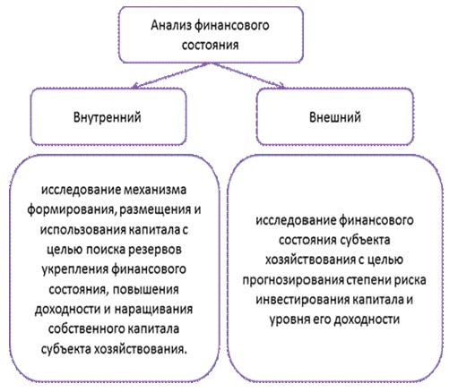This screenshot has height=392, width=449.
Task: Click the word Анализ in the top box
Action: pos(170,25)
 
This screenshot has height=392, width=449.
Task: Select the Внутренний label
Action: pos(108,117)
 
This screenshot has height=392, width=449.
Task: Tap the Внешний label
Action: pos(335,117)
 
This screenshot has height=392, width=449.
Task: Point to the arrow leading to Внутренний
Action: pos(170,76)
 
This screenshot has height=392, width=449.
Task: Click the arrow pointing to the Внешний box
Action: pos(247,75)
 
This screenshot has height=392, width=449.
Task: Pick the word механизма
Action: pos(155,190)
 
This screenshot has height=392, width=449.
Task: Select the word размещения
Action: pos(155,210)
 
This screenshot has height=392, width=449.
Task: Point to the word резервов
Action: pos(154,250)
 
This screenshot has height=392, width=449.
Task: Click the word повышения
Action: pos(146,289)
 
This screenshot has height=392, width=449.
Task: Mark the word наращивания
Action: pos(153,310)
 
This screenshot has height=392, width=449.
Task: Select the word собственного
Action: pos(86,329)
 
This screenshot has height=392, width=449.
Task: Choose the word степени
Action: pos(368,280)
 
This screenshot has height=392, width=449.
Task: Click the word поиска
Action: pos(106,250)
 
